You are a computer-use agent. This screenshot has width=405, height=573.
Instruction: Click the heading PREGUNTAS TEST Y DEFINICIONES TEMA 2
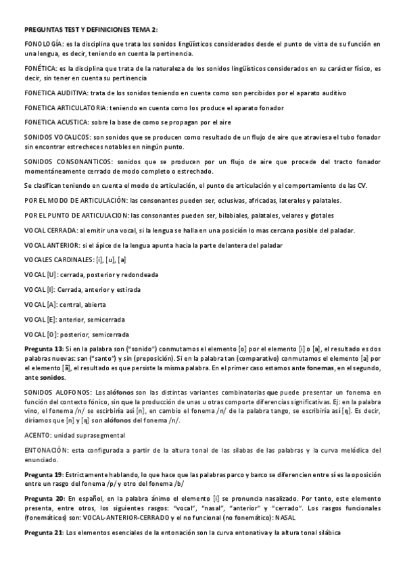90,30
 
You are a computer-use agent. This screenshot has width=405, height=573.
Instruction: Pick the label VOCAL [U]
40,276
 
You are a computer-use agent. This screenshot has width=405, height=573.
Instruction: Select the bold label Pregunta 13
43,348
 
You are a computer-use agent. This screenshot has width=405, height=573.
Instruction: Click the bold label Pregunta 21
43,533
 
